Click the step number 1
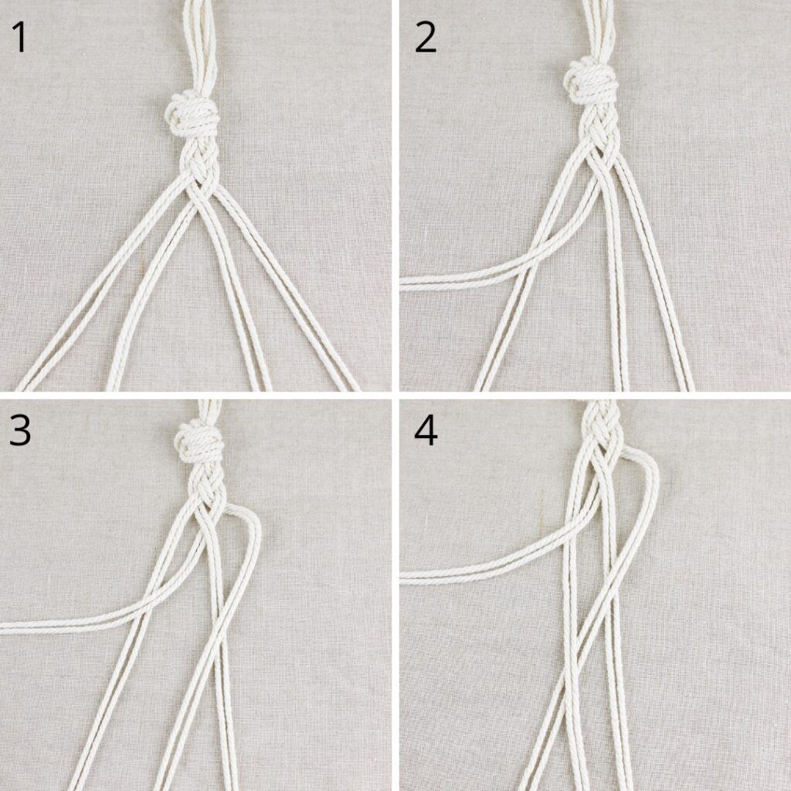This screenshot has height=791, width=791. tap(20, 37)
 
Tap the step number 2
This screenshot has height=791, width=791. tap(426, 37)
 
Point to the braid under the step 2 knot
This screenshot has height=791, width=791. tap(599, 134)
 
